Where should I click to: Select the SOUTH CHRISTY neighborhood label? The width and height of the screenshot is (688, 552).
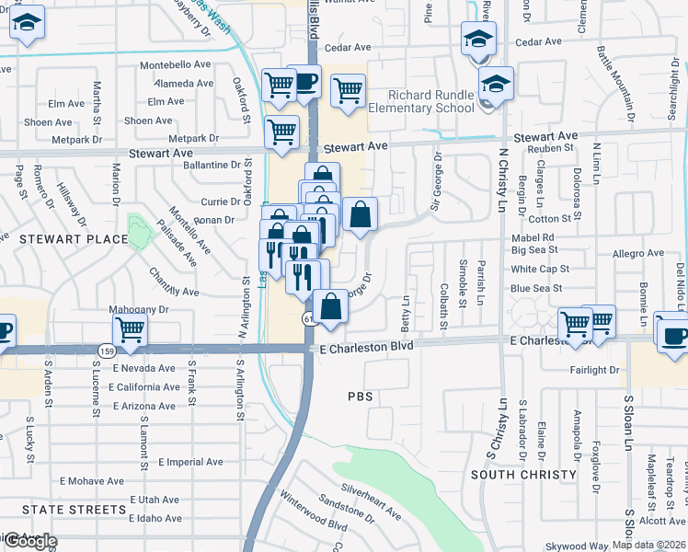point(523,475)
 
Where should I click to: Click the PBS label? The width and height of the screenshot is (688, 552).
point(359,396)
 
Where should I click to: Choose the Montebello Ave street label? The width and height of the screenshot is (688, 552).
point(176,65)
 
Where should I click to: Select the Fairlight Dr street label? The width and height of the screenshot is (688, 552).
point(594,370)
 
